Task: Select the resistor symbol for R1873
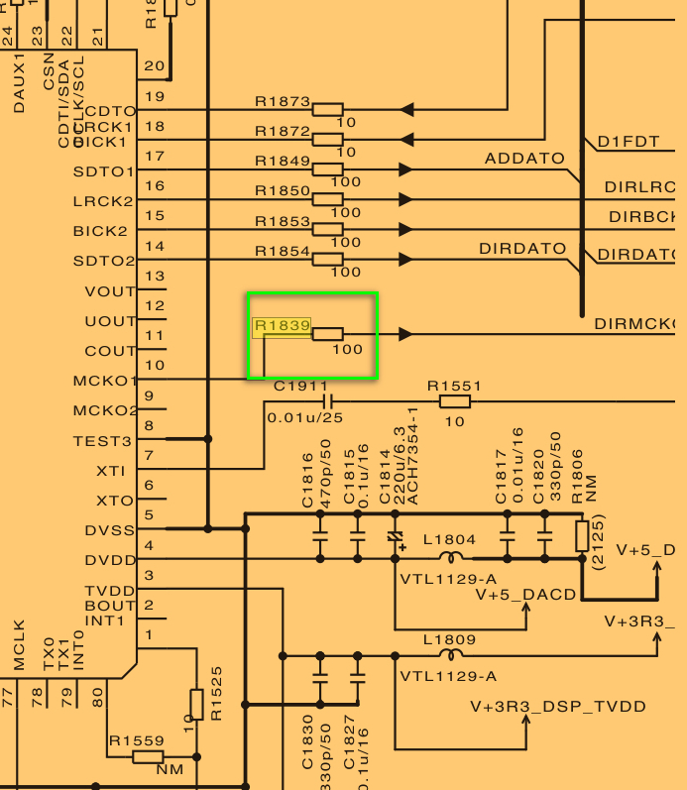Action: pos(327,110)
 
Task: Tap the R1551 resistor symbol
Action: pos(454,401)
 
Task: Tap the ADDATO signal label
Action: pos(524,159)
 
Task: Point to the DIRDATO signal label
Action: pos(522,249)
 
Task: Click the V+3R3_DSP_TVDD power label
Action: pos(558,707)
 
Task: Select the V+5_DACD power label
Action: pos(525,595)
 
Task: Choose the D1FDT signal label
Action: pos(628,142)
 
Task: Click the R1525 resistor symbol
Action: pos(195,705)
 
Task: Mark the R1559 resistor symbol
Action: pos(148,756)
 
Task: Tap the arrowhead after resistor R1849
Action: pos(404,169)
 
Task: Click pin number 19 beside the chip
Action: pos(154,97)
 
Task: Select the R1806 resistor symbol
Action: pos(582,535)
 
